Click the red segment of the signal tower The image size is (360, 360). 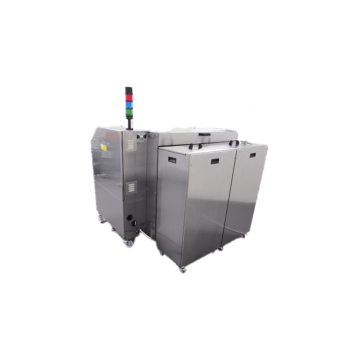pos(129,98)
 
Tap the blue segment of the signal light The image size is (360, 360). pos(129,104)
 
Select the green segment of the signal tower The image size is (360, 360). pos(129,111)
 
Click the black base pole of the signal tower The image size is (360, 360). pos(130,123)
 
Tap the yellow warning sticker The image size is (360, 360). pos(103,147)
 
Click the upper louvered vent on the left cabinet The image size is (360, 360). pos(130,145)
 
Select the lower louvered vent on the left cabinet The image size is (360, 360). pos(131,187)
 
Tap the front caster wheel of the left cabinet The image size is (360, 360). pos(129,243)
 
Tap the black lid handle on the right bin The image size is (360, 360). pos(234,143)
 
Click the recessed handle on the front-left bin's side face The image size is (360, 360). pos(172,160)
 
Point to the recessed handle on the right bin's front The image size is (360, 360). pos(252,155)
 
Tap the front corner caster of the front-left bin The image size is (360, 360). pos(182,269)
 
